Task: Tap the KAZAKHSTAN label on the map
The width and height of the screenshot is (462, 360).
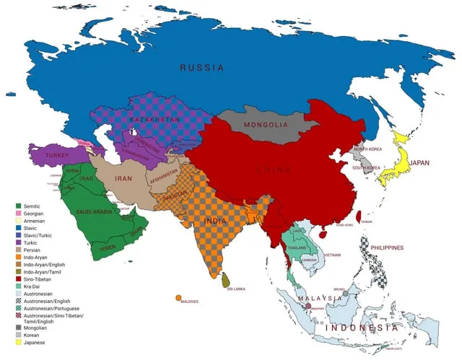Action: tap(155, 118)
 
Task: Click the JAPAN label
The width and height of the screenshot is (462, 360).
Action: tap(419, 163)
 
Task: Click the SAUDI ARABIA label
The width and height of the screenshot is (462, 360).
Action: tap(94, 212)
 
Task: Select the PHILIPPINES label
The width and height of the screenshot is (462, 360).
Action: tap(388, 247)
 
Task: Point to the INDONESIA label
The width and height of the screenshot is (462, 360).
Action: tap(361, 328)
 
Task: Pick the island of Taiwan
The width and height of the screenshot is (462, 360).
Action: tap(361, 214)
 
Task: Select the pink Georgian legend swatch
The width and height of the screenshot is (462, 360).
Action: tap(18, 214)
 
